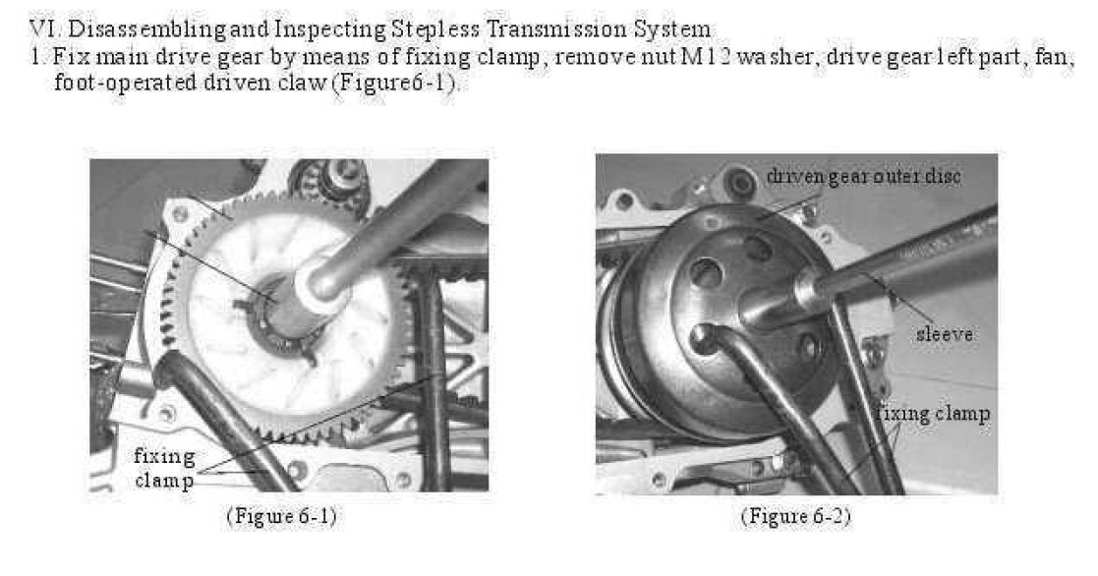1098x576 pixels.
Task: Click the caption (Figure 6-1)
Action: point(281,516)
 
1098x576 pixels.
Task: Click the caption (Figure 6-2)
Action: point(795,516)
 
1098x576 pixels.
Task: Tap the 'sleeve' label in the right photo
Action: point(945,334)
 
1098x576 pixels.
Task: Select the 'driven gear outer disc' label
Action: point(863,176)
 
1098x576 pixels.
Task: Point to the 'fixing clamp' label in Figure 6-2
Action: point(933,414)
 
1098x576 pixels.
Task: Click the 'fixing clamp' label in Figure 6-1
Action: point(164,468)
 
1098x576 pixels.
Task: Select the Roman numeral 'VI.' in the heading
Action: point(45,29)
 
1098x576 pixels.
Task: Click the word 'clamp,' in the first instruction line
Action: point(516,57)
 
